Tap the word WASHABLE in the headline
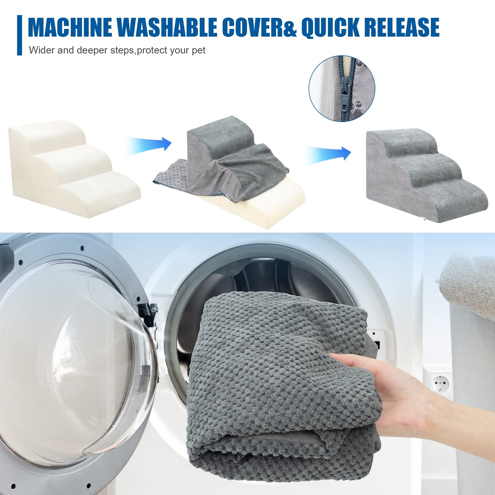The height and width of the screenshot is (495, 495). (169, 27)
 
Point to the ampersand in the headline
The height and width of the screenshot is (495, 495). (290, 27)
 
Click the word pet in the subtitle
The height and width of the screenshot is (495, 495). (199, 50)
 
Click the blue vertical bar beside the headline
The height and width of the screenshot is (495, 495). (19, 35)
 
